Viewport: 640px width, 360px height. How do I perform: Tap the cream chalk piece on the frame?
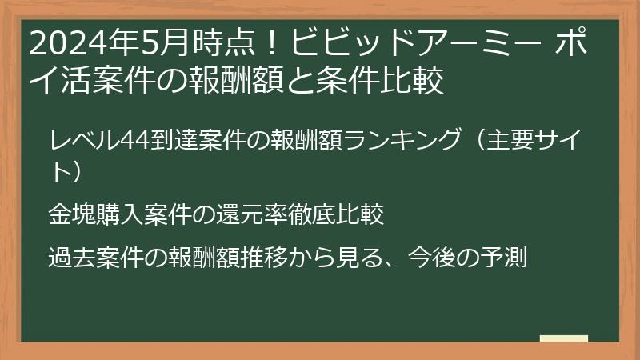tap(563, 338)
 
